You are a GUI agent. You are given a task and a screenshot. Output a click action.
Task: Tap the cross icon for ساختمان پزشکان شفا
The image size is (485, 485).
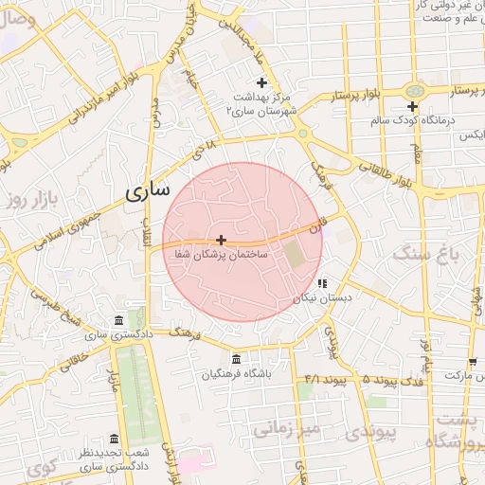[x=221, y=241]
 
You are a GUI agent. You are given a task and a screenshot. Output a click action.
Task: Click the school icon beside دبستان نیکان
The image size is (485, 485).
[x=322, y=282]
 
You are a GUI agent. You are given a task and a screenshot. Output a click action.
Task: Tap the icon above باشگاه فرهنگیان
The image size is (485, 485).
[x=235, y=360]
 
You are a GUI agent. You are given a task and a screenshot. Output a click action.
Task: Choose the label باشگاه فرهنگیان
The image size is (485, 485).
[x=237, y=374]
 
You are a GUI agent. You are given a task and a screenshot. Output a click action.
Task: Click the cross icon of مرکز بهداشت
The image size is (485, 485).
[x=261, y=83]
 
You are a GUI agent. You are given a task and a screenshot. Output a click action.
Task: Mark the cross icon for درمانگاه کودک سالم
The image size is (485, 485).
[x=412, y=106]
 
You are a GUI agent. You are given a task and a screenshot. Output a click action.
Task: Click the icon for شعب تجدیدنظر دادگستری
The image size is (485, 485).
[x=115, y=440]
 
